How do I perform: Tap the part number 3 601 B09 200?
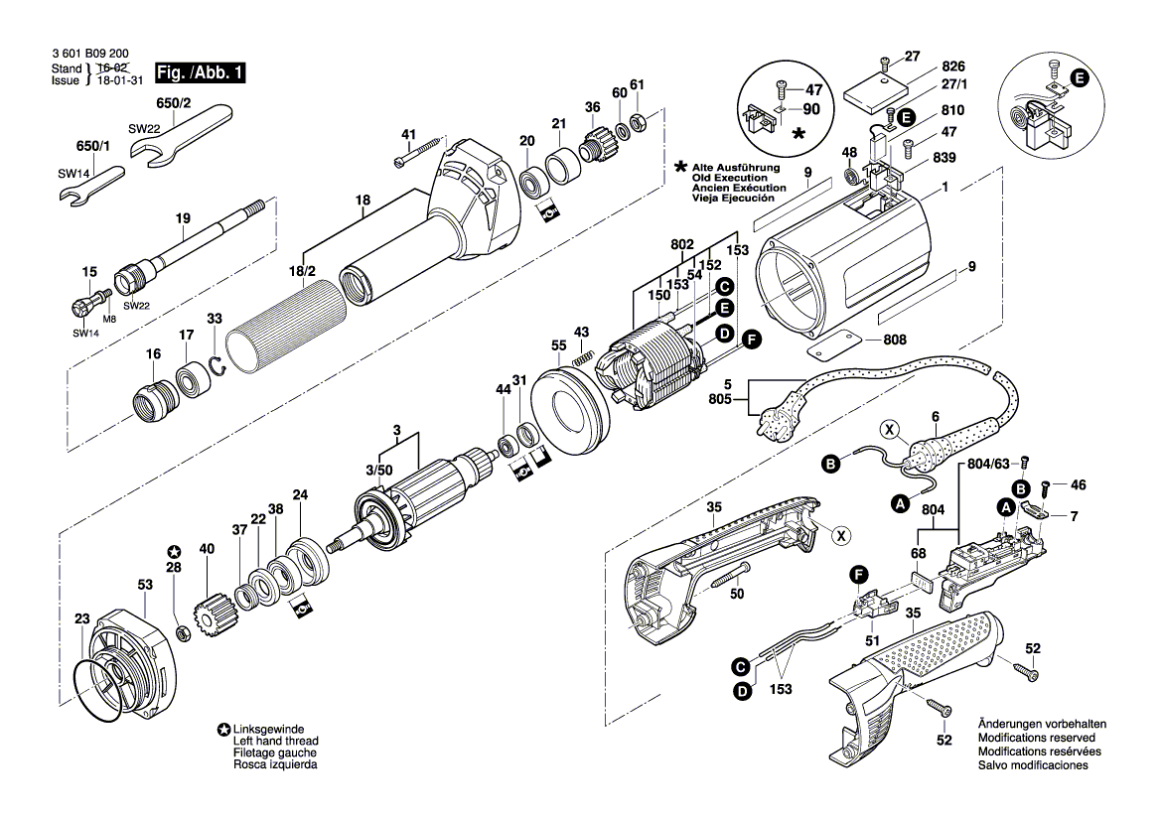click(88, 56)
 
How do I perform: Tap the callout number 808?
click(894, 340)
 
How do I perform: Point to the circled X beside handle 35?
click(841, 535)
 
